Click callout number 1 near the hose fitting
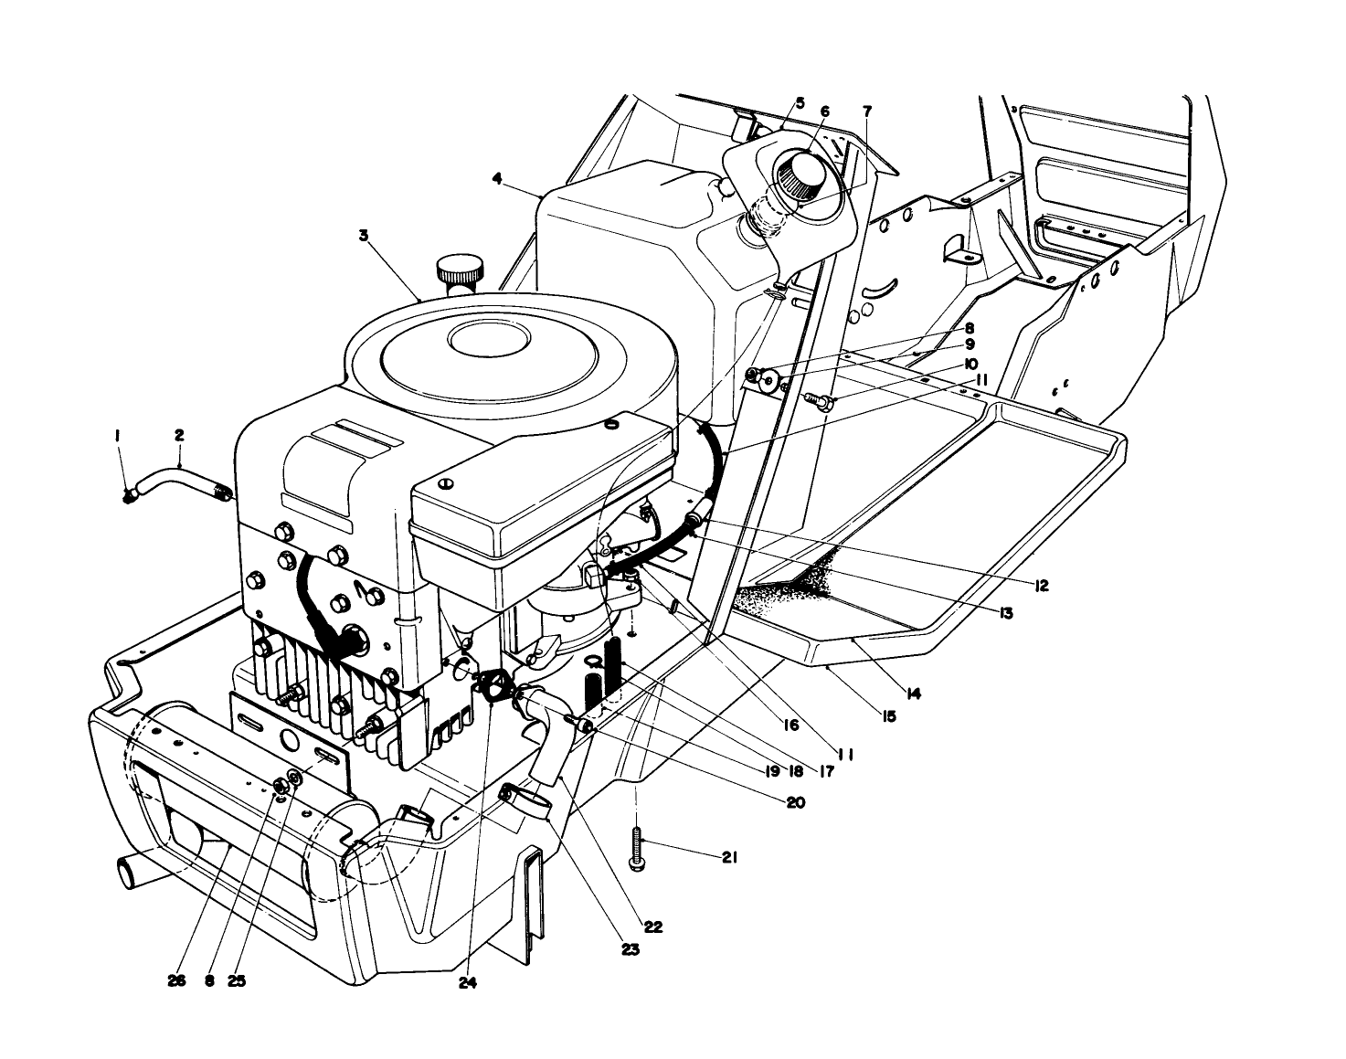point(118,439)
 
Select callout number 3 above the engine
point(363,235)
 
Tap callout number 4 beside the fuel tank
point(497,180)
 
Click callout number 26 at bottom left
point(177,980)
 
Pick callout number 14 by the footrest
point(915,694)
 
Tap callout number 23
point(630,949)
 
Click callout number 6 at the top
point(824,111)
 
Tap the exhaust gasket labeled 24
point(497,687)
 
